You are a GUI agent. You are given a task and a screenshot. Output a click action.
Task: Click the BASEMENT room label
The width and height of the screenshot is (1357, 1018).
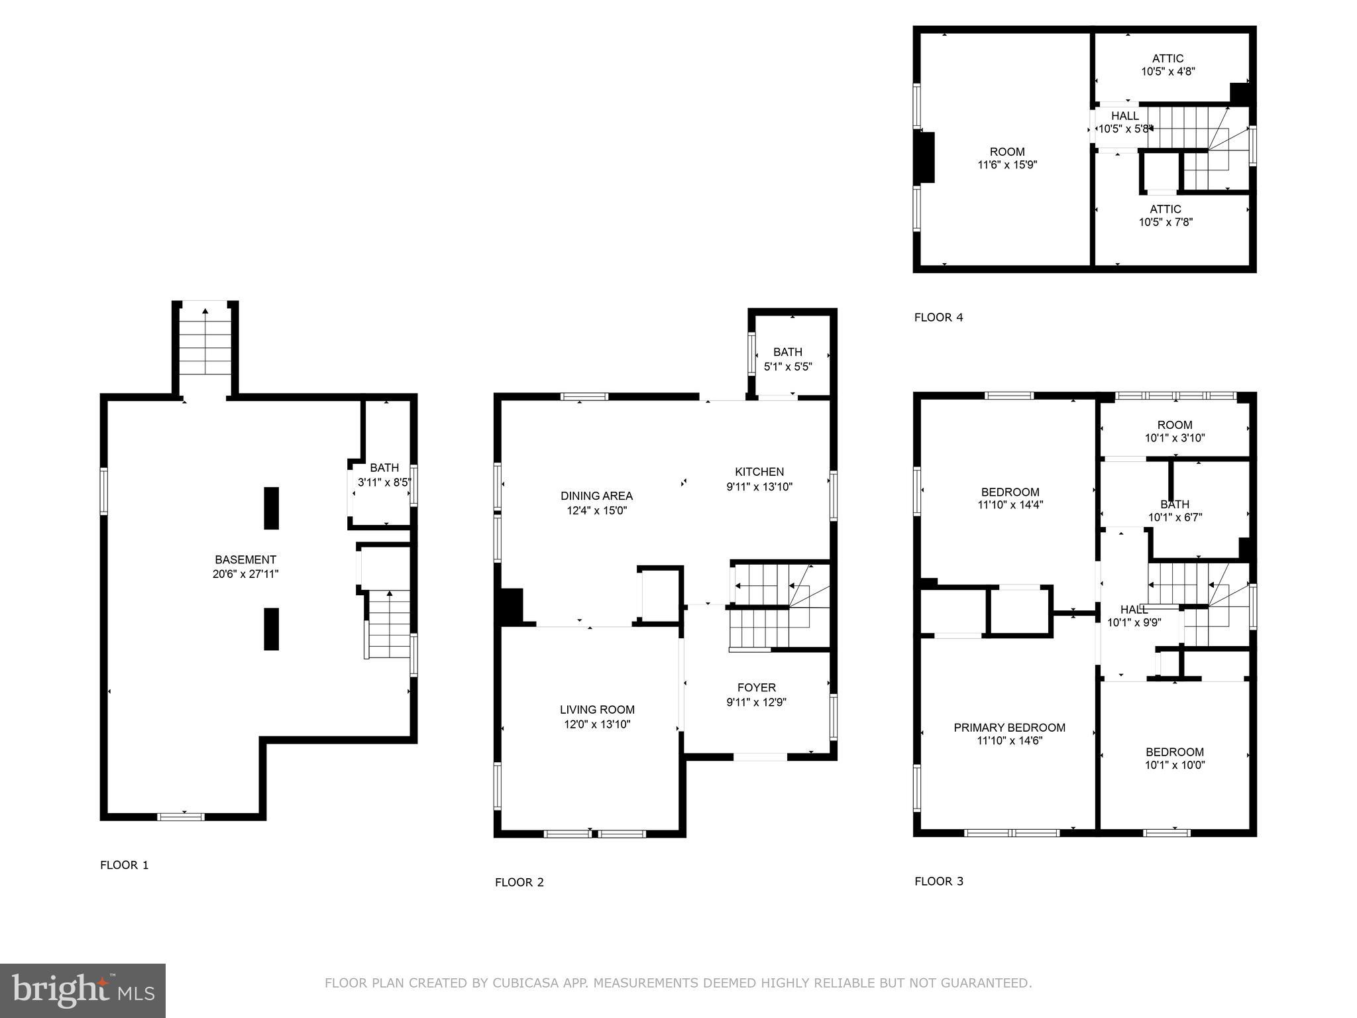pyautogui.click(x=245, y=559)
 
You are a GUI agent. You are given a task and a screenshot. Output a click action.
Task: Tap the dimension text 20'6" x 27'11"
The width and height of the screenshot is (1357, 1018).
pyautogui.click(x=245, y=574)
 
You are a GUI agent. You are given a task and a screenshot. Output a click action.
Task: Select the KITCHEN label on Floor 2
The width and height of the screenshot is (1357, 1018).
pyautogui.click(x=759, y=472)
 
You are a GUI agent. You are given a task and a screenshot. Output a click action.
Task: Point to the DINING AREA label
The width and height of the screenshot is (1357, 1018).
pyautogui.click(x=596, y=496)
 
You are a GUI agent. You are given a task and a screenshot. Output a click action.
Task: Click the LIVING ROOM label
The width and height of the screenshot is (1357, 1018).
pyautogui.click(x=597, y=710)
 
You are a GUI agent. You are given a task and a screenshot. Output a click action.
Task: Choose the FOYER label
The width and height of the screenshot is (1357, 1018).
pyautogui.click(x=756, y=688)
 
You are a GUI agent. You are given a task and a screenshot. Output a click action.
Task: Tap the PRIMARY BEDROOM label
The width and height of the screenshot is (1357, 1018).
pyautogui.click(x=1009, y=728)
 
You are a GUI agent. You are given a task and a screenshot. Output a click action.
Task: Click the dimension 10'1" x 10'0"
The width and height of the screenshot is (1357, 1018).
pyautogui.click(x=1175, y=765)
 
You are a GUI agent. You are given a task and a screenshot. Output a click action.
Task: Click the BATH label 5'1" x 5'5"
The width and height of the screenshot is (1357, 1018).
pyautogui.click(x=787, y=352)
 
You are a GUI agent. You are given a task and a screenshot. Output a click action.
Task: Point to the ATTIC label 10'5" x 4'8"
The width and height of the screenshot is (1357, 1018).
pyautogui.click(x=1167, y=58)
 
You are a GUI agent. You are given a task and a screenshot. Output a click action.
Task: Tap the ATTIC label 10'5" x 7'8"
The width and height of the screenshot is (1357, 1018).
pyautogui.click(x=1166, y=209)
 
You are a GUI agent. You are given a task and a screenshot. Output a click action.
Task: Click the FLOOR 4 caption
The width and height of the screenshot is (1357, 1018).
pyautogui.click(x=938, y=317)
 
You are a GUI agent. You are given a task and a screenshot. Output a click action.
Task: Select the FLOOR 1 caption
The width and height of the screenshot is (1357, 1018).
pyautogui.click(x=125, y=865)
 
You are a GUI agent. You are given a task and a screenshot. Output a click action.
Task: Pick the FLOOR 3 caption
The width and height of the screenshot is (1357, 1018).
pyautogui.click(x=939, y=881)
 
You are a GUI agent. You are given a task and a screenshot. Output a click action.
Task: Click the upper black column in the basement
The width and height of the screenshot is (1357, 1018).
pyautogui.click(x=271, y=508)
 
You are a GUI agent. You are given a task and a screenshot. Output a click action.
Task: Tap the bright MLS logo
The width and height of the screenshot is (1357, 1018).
pyautogui.click(x=83, y=990)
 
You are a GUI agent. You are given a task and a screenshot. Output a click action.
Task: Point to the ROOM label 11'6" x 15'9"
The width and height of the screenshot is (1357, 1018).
pyautogui.click(x=1007, y=152)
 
